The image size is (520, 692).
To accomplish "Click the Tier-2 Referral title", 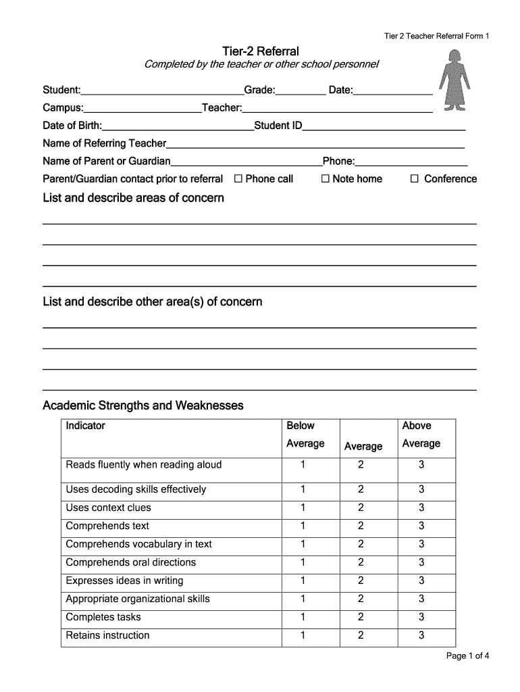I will tap(261, 51).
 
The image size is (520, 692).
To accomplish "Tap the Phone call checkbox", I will tap(238, 179).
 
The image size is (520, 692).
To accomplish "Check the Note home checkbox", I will tap(325, 179).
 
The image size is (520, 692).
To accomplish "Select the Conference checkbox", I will tap(415, 179).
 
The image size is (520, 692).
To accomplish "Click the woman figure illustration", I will tap(454, 80).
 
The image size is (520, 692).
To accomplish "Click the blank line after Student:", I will tap(162, 90).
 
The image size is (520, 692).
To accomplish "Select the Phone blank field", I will tap(411, 161).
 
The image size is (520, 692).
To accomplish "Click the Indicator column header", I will tap(86, 426).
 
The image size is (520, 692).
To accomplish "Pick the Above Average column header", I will tap(421, 435).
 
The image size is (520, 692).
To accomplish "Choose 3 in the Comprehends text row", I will tap(421, 526).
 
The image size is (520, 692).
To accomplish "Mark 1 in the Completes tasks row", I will tap(303, 617).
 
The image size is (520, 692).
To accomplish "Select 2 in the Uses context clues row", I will tap(361, 508).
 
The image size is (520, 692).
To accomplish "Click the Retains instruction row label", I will tap(107, 635).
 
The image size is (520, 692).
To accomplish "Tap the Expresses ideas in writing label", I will tap(124, 580).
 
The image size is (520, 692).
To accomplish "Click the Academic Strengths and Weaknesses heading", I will tap(143, 405).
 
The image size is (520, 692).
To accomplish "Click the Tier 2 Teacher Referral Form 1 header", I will tap(437, 36).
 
